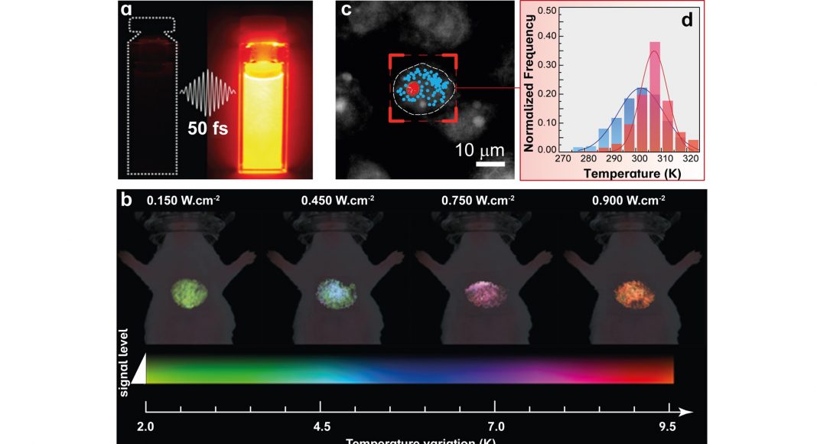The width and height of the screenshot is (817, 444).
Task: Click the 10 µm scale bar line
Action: [x=490, y=162]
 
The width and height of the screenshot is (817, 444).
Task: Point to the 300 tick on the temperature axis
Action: [x=640, y=159]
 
